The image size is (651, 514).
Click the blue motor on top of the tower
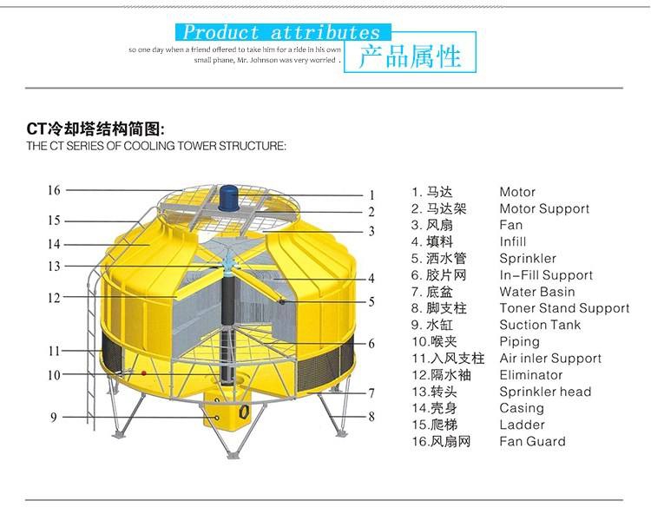pos(228,198)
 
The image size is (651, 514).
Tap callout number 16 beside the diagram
pos(54,190)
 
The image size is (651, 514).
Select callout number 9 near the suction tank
pos(54,418)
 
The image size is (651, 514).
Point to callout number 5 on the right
pos(372,301)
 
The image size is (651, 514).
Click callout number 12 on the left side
pos(54,298)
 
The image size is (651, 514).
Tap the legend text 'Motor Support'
pos(544,209)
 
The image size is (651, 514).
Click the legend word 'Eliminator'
pos(531,375)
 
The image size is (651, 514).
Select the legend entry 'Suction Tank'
pos(540,325)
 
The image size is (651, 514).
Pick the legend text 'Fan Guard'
pos(532,441)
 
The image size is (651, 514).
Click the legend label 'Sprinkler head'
pos(545,392)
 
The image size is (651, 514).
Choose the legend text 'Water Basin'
pos(537,292)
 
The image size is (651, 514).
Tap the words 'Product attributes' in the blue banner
pos(281,32)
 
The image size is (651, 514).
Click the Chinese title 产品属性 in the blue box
pos(410,56)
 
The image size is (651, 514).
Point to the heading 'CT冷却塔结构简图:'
pos(95,129)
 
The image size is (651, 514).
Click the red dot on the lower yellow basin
pos(143,373)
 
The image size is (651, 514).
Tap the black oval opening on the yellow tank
pos(244,412)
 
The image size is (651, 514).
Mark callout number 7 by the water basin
pos(372,392)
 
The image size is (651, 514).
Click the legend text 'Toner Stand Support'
pos(564,308)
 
